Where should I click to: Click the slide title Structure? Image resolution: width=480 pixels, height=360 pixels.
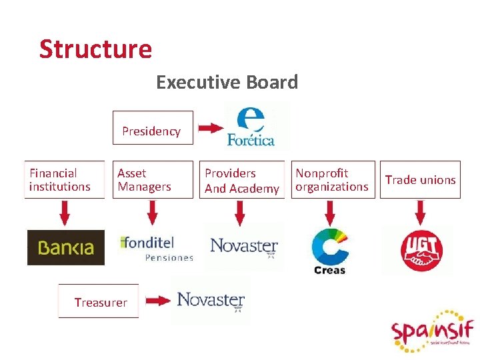click(x=95, y=49)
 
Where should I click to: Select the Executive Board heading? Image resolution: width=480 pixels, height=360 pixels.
click(x=227, y=83)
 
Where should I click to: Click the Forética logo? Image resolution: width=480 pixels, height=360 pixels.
click(x=251, y=127)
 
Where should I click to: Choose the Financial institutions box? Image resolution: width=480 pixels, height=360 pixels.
click(x=64, y=180)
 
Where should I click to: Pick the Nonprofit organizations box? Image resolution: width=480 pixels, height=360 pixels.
click(x=331, y=180)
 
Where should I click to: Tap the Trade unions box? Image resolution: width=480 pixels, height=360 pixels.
click(x=420, y=180)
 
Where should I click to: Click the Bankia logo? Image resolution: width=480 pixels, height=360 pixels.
click(x=65, y=248)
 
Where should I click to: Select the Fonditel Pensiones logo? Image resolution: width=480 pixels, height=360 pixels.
click(x=156, y=247)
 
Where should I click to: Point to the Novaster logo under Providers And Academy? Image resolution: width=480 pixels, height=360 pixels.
click(x=244, y=247)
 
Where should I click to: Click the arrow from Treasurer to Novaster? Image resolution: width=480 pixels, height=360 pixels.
click(x=158, y=301)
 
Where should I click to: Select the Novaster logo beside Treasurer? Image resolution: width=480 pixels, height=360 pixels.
click(x=211, y=301)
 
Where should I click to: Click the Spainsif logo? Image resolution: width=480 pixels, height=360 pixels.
click(x=432, y=331)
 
